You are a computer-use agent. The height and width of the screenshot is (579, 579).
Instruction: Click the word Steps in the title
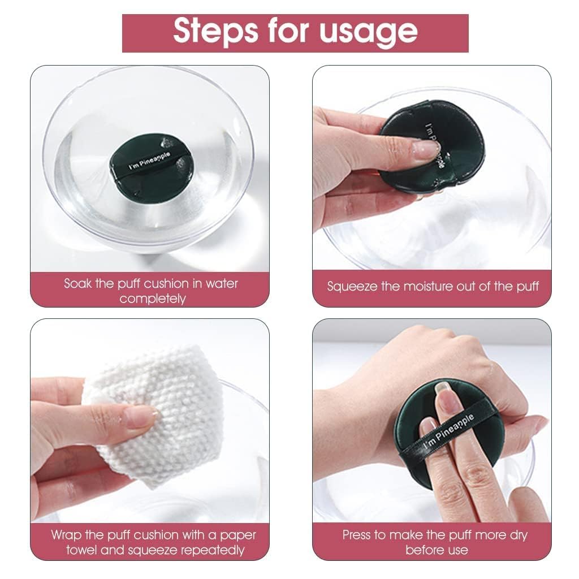215,31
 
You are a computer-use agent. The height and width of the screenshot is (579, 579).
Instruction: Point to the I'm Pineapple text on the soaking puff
149,161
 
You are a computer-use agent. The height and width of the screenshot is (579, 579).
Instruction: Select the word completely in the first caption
153,299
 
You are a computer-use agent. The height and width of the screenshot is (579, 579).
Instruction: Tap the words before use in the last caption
437,551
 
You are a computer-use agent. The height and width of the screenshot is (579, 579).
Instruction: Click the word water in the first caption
222,284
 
